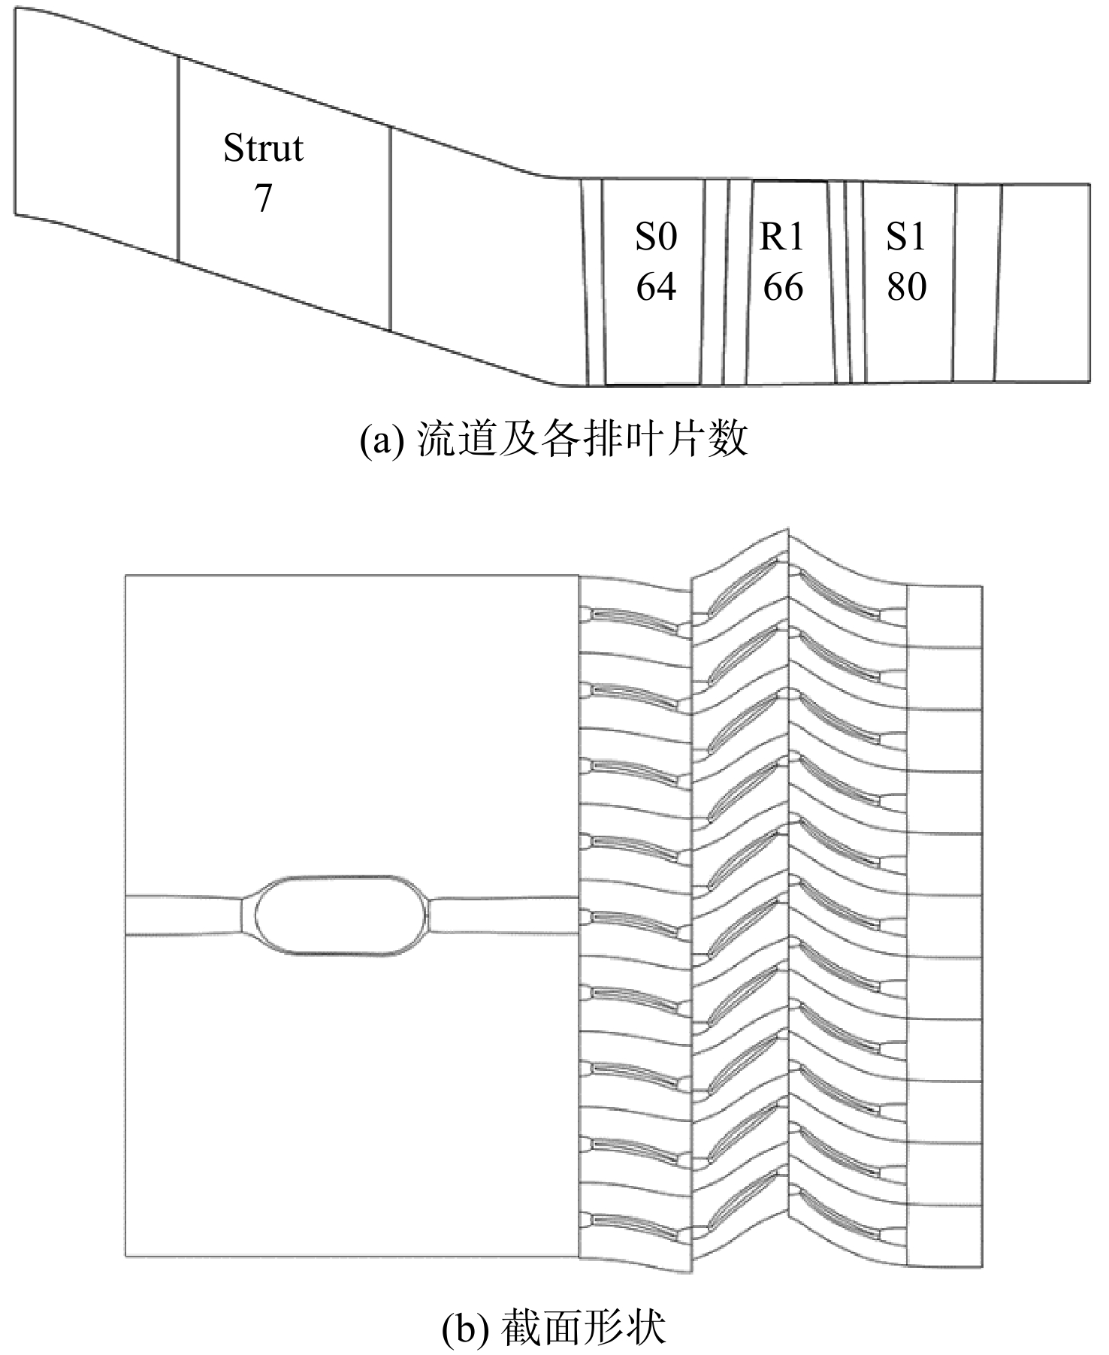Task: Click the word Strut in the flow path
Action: [x=263, y=148]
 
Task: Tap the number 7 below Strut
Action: [x=262, y=198]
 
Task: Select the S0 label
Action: [x=656, y=237]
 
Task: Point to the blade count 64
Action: [x=656, y=286]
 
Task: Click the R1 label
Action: [x=782, y=237]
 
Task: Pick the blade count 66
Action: [x=783, y=286]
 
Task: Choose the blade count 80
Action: [x=906, y=286]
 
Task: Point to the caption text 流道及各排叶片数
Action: [x=582, y=440]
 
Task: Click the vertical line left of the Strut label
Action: [x=178, y=159]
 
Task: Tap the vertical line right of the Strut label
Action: [x=391, y=229]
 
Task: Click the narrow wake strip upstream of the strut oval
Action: [x=184, y=915]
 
